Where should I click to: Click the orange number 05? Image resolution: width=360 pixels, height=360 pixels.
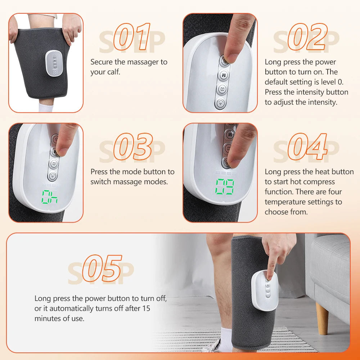click(102, 268)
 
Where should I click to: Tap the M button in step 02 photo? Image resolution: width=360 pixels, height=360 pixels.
click(224, 76)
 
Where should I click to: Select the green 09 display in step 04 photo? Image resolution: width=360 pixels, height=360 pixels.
click(225, 187)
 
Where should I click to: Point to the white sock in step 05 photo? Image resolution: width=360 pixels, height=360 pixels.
click(226, 338)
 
